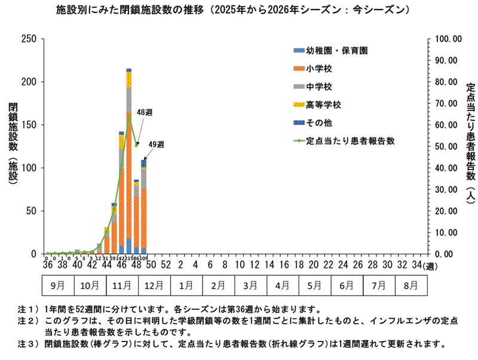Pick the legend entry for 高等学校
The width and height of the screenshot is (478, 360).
[323, 105]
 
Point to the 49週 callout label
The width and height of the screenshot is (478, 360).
[155, 144]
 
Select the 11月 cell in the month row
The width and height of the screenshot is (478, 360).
[122, 285]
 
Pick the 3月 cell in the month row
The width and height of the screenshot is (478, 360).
[250, 285]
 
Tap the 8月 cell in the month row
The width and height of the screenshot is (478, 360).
[410, 285]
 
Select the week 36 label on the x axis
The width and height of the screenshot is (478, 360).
[47, 264]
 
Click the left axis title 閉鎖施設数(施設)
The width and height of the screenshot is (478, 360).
[13, 147]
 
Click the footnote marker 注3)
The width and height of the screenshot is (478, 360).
[28, 344]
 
